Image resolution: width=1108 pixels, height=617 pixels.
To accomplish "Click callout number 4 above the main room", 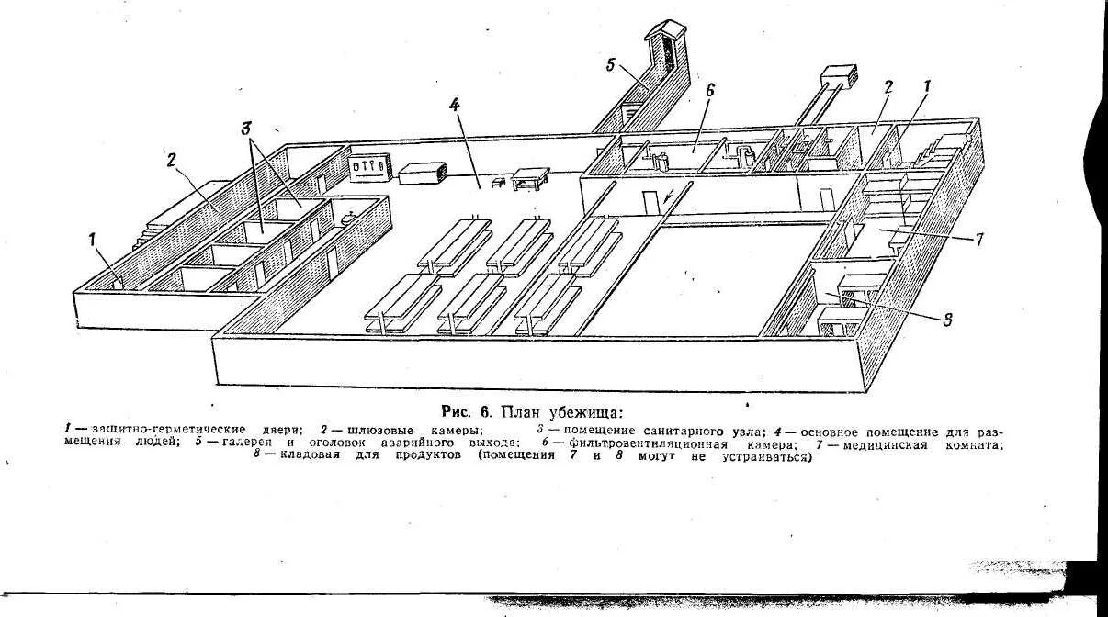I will pos(454,106).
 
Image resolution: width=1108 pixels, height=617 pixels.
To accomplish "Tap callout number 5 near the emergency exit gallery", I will pos(611,64).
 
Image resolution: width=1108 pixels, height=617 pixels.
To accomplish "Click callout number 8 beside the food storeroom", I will pos(947,320).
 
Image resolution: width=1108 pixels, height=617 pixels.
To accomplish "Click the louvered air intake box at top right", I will pos(838,75).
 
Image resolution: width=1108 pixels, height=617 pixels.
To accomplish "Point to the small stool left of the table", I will pos(499,183).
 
